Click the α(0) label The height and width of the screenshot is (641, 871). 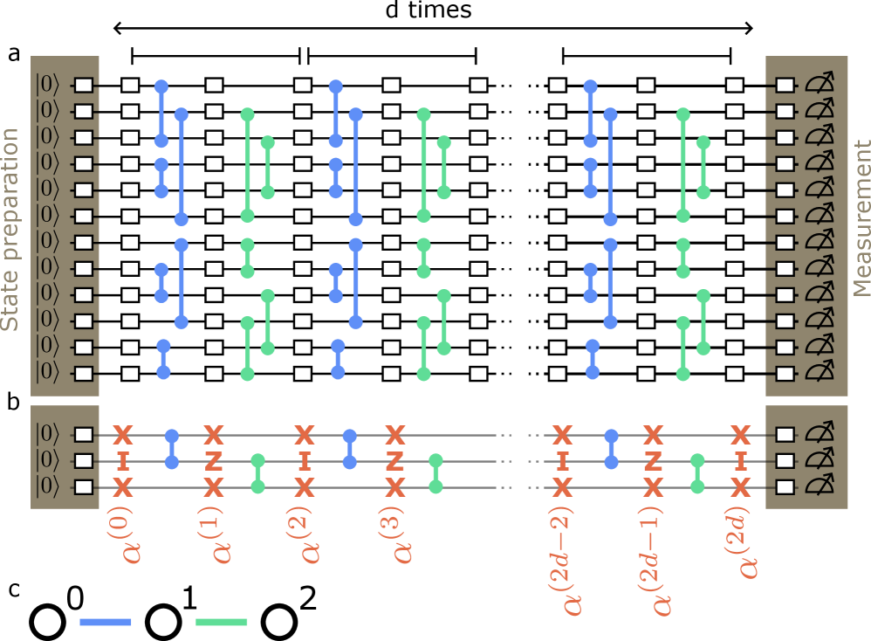[x=125, y=534]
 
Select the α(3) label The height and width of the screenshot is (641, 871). [x=396, y=534]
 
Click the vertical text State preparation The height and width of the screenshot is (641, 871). [x=10, y=230]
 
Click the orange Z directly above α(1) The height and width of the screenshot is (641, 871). [x=213, y=460]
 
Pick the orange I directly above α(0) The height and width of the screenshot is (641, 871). [x=123, y=460]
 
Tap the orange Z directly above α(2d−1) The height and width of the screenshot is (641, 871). [x=653, y=460]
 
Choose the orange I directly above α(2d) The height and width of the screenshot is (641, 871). [x=740, y=460]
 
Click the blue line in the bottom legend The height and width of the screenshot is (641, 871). [x=105, y=622]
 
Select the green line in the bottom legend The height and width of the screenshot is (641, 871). [x=221, y=622]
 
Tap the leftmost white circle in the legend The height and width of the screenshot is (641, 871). [x=48, y=622]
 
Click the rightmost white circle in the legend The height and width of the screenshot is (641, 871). [x=278, y=622]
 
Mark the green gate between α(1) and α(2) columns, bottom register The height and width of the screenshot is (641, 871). [x=257, y=473]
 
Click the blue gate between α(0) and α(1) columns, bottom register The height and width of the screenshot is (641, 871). [x=172, y=448]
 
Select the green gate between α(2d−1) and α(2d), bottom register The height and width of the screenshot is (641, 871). [x=696, y=473]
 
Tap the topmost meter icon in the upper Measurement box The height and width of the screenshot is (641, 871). [x=817, y=85]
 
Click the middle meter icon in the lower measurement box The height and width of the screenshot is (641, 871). [x=817, y=460]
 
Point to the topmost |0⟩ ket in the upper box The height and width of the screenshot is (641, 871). [x=48, y=85]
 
